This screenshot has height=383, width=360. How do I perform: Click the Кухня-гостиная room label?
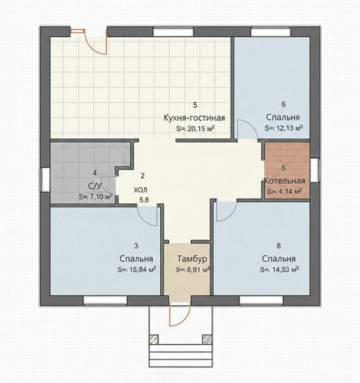(194, 118)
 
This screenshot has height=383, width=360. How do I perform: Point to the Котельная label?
(285, 181)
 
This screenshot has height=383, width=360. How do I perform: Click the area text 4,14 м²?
(291, 191)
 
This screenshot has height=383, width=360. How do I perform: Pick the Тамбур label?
(192, 259)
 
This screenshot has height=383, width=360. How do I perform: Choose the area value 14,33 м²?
(286, 270)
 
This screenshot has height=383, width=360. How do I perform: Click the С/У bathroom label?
(95, 187)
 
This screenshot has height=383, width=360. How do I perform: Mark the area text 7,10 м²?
(100, 196)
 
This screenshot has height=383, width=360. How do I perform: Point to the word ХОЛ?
(141, 190)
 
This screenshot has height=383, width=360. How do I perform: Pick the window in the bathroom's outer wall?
(45, 180)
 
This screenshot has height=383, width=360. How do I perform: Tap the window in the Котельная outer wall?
(315, 170)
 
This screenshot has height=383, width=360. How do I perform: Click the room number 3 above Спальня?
(136, 246)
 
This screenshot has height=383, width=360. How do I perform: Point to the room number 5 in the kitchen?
(195, 105)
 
